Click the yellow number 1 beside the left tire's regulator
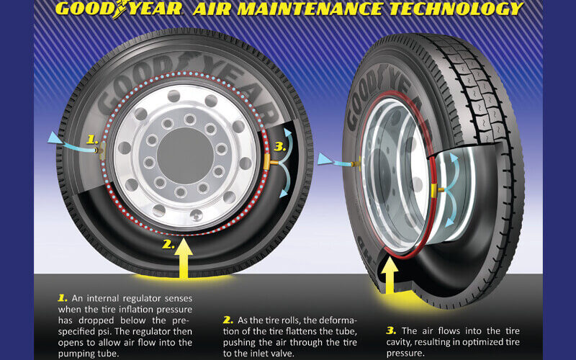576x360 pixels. click(93, 140)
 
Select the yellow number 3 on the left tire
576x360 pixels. click(280, 147)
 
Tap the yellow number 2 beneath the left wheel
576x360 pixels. click(168, 244)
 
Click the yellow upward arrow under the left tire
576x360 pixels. click(184, 258)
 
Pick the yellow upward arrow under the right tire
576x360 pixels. click(390, 275)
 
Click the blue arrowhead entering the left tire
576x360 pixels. click(55, 138)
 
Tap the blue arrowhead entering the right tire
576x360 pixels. click(325, 159)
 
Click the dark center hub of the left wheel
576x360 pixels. click(185, 156)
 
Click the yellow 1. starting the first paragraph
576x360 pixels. click(63, 298)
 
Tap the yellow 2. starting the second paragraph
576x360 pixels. click(228, 320)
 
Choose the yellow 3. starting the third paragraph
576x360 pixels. click(391, 330)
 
